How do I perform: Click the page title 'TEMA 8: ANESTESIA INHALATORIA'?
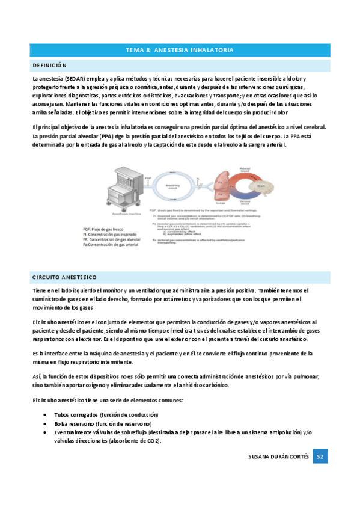tap(180, 50)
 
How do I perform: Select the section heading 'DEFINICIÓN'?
tap(50, 65)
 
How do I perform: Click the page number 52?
tap(321, 457)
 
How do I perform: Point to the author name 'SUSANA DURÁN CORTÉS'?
tap(279, 457)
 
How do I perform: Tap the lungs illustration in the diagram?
tap(219, 183)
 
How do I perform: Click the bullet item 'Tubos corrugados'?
tap(106, 415)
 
